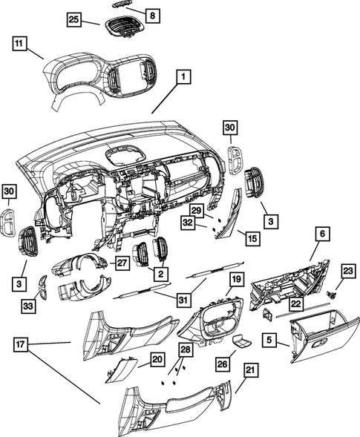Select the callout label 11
21,45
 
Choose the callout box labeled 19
236,279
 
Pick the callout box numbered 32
189,223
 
